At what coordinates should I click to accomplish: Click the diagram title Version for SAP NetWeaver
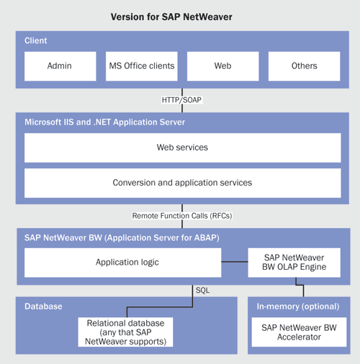point(171,17)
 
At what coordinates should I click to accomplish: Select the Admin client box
point(60,66)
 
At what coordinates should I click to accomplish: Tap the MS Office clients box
point(142,66)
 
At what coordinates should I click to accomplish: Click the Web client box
point(223,66)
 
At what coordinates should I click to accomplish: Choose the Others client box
point(304,66)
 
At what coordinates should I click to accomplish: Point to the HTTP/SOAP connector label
point(181,100)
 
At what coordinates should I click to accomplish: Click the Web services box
point(183,147)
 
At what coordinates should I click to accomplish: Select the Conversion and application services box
point(183,183)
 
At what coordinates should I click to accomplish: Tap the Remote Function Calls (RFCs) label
point(182,216)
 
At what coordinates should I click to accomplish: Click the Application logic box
point(122,263)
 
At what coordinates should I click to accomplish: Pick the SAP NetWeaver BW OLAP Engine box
point(294,263)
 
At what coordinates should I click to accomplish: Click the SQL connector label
point(202,291)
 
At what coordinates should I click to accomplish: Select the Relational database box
point(125,332)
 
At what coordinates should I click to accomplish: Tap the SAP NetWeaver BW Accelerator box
point(299,332)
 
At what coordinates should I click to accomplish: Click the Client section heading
point(36,40)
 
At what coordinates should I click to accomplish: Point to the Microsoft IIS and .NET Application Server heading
point(104,122)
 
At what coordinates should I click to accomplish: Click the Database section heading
point(43,306)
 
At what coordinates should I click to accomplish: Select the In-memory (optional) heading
point(298,306)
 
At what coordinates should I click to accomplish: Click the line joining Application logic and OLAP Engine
point(235,262)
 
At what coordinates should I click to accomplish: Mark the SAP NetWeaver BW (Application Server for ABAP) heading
point(122,238)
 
